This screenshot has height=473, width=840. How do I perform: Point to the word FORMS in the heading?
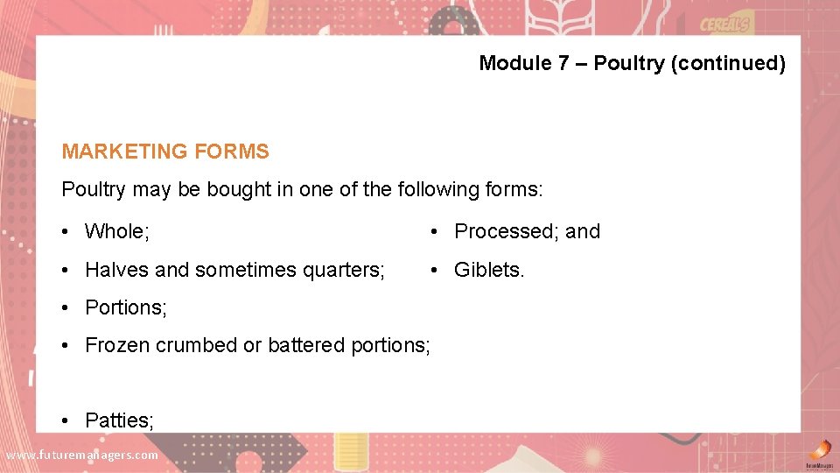click(x=232, y=152)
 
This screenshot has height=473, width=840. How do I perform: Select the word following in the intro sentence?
click(x=432, y=189)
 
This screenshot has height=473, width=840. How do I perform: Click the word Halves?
click(x=117, y=270)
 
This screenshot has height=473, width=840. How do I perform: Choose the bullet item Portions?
click(x=126, y=307)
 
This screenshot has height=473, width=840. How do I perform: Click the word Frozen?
click(x=117, y=345)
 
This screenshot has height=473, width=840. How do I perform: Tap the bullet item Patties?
click(x=119, y=420)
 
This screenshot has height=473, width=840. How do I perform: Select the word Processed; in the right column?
click(x=507, y=231)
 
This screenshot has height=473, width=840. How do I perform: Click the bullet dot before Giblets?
click(x=435, y=270)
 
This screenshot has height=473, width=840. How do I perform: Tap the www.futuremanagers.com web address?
click(x=81, y=455)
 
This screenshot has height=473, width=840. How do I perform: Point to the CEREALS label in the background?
click(x=724, y=25)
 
